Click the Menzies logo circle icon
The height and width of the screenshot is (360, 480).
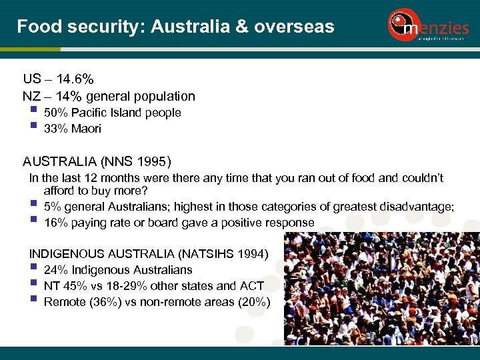(x=401, y=25)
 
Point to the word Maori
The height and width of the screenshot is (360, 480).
(x=86, y=129)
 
